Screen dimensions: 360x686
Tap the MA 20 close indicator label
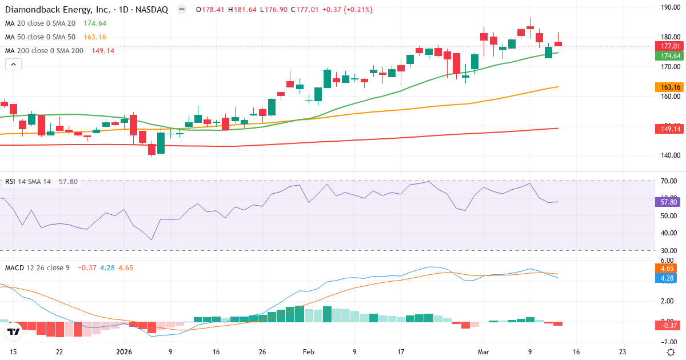[40, 23]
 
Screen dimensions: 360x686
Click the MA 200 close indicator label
[44, 51]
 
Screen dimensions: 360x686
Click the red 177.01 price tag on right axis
[670, 46]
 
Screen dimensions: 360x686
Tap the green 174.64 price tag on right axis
[670, 55]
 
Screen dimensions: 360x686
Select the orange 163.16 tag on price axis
[670, 87]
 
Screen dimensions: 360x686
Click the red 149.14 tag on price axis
[670, 129]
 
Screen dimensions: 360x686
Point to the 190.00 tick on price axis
[669, 7]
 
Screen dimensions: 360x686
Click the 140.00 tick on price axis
[669, 155]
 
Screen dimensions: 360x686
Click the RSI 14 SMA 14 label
[28, 182]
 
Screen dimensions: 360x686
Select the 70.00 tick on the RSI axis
[668, 181]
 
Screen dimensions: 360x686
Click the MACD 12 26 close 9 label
[37, 267]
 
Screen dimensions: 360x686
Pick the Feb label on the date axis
[308, 352]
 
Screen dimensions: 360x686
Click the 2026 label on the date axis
[124, 352]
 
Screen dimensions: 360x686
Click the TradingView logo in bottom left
[14, 331]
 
